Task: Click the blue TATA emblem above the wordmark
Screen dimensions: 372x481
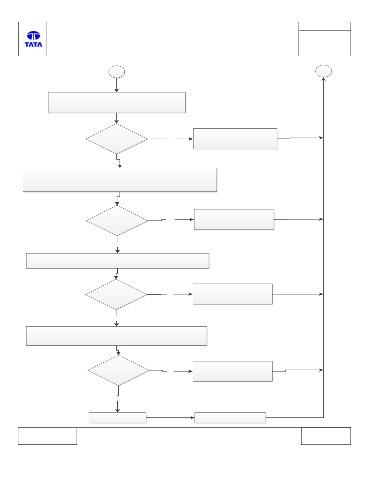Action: [34, 35]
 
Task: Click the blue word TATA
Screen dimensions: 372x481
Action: [34, 44]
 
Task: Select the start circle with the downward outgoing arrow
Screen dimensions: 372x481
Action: [117, 72]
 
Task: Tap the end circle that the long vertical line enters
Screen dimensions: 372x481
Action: [323, 71]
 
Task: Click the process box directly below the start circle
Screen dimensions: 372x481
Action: [117, 102]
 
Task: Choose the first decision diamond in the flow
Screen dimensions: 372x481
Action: [117, 139]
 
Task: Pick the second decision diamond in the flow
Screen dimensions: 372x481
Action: [117, 220]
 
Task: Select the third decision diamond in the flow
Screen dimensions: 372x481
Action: [116, 294]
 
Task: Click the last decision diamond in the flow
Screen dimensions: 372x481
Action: [118, 370]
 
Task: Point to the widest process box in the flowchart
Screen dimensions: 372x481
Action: [120, 180]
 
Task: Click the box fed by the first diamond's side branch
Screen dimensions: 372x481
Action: [235, 139]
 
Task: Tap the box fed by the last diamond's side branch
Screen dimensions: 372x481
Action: [233, 371]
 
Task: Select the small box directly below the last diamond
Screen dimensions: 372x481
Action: [117, 418]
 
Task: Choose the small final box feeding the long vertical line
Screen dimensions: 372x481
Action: [230, 418]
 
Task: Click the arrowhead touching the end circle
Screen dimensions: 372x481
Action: [323, 79]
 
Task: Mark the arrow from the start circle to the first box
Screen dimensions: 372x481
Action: [117, 85]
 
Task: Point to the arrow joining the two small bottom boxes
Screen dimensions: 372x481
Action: [170, 418]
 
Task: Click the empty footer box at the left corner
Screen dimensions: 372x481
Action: [47, 436]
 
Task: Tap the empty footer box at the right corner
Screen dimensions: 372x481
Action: [326, 436]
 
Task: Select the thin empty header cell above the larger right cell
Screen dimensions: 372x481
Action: [325, 26]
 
